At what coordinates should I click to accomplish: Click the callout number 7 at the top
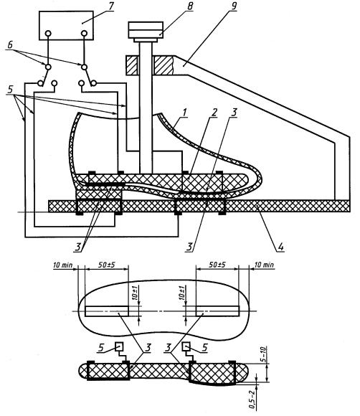110,6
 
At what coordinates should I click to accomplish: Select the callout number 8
190,6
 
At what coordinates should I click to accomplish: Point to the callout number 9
234,6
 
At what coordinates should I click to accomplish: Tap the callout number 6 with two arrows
10,45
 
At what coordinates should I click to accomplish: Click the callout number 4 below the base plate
280,247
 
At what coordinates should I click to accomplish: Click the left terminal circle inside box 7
48,34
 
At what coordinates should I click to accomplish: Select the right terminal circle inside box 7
84,34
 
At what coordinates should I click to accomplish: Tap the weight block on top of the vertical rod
146,30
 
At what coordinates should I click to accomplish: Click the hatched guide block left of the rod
131,65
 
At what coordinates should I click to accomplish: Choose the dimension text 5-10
265,355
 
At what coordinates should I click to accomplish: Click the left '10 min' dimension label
63,265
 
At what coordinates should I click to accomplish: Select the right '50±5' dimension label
217,265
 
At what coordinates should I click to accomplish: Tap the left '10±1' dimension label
135,293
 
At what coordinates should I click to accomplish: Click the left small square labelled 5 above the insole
119,346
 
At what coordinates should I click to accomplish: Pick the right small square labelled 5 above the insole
186,346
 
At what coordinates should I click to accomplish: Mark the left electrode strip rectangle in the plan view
107,311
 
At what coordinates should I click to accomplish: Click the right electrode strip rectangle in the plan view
217,311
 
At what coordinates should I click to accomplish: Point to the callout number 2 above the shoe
214,113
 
